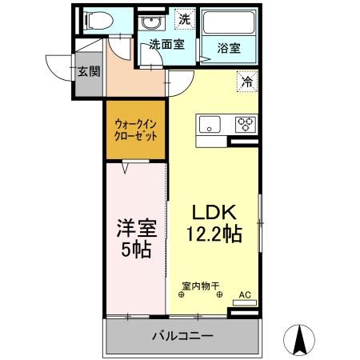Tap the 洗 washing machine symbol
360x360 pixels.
(x=185, y=18)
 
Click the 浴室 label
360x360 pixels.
(x=228, y=49)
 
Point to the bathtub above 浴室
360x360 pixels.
(x=228, y=24)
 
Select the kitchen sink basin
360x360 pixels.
(x=210, y=124)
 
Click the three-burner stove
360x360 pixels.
(x=244, y=123)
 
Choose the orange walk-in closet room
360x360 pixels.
(x=135, y=130)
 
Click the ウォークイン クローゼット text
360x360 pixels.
(x=135, y=130)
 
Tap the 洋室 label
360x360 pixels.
(x=134, y=228)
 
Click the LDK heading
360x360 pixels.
(x=212, y=213)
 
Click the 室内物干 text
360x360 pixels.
(x=200, y=285)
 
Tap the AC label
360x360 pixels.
(x=245, y=295)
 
